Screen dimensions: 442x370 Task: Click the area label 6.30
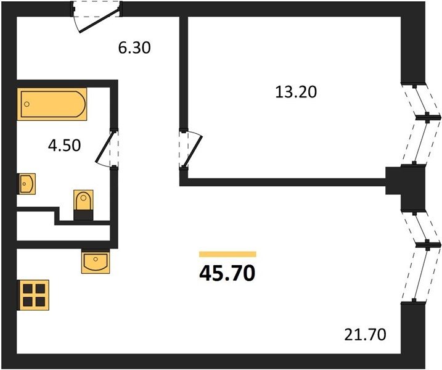tap(134, 47)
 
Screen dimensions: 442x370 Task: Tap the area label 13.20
tap(296, 92)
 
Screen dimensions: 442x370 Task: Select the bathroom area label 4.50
tap(64, 146)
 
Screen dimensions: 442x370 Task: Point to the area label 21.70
tap(365, 335)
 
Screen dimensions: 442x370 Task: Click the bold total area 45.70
tap(227, 274)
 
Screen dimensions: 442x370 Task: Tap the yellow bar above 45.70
tap(227, 254)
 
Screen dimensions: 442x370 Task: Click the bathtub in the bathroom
tap(52, 104)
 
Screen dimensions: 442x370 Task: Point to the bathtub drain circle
tap(27, 104)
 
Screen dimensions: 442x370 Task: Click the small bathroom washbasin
tap(27, 184)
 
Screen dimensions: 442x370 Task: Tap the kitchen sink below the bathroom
tap(96, 261)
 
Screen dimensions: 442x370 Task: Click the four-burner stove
tap(33, 295)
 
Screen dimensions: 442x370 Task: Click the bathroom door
tap(107, 148)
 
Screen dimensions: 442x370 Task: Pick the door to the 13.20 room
tap(190, 149)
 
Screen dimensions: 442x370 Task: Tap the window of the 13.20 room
tap(420, 123)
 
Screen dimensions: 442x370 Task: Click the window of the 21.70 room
tap(420, 257)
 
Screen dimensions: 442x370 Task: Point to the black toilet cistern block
tap(83, 215)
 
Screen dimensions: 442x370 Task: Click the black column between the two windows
tap(406, 187)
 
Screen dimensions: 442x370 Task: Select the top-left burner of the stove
tap(28, 289)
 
